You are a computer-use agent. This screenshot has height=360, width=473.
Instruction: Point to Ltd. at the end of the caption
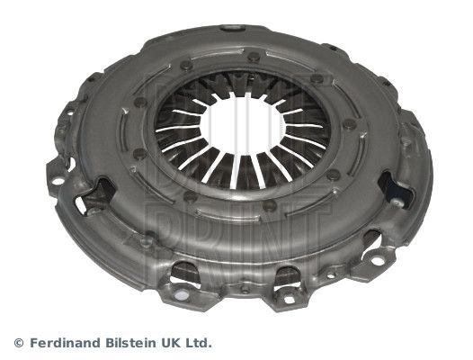[197, 343]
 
